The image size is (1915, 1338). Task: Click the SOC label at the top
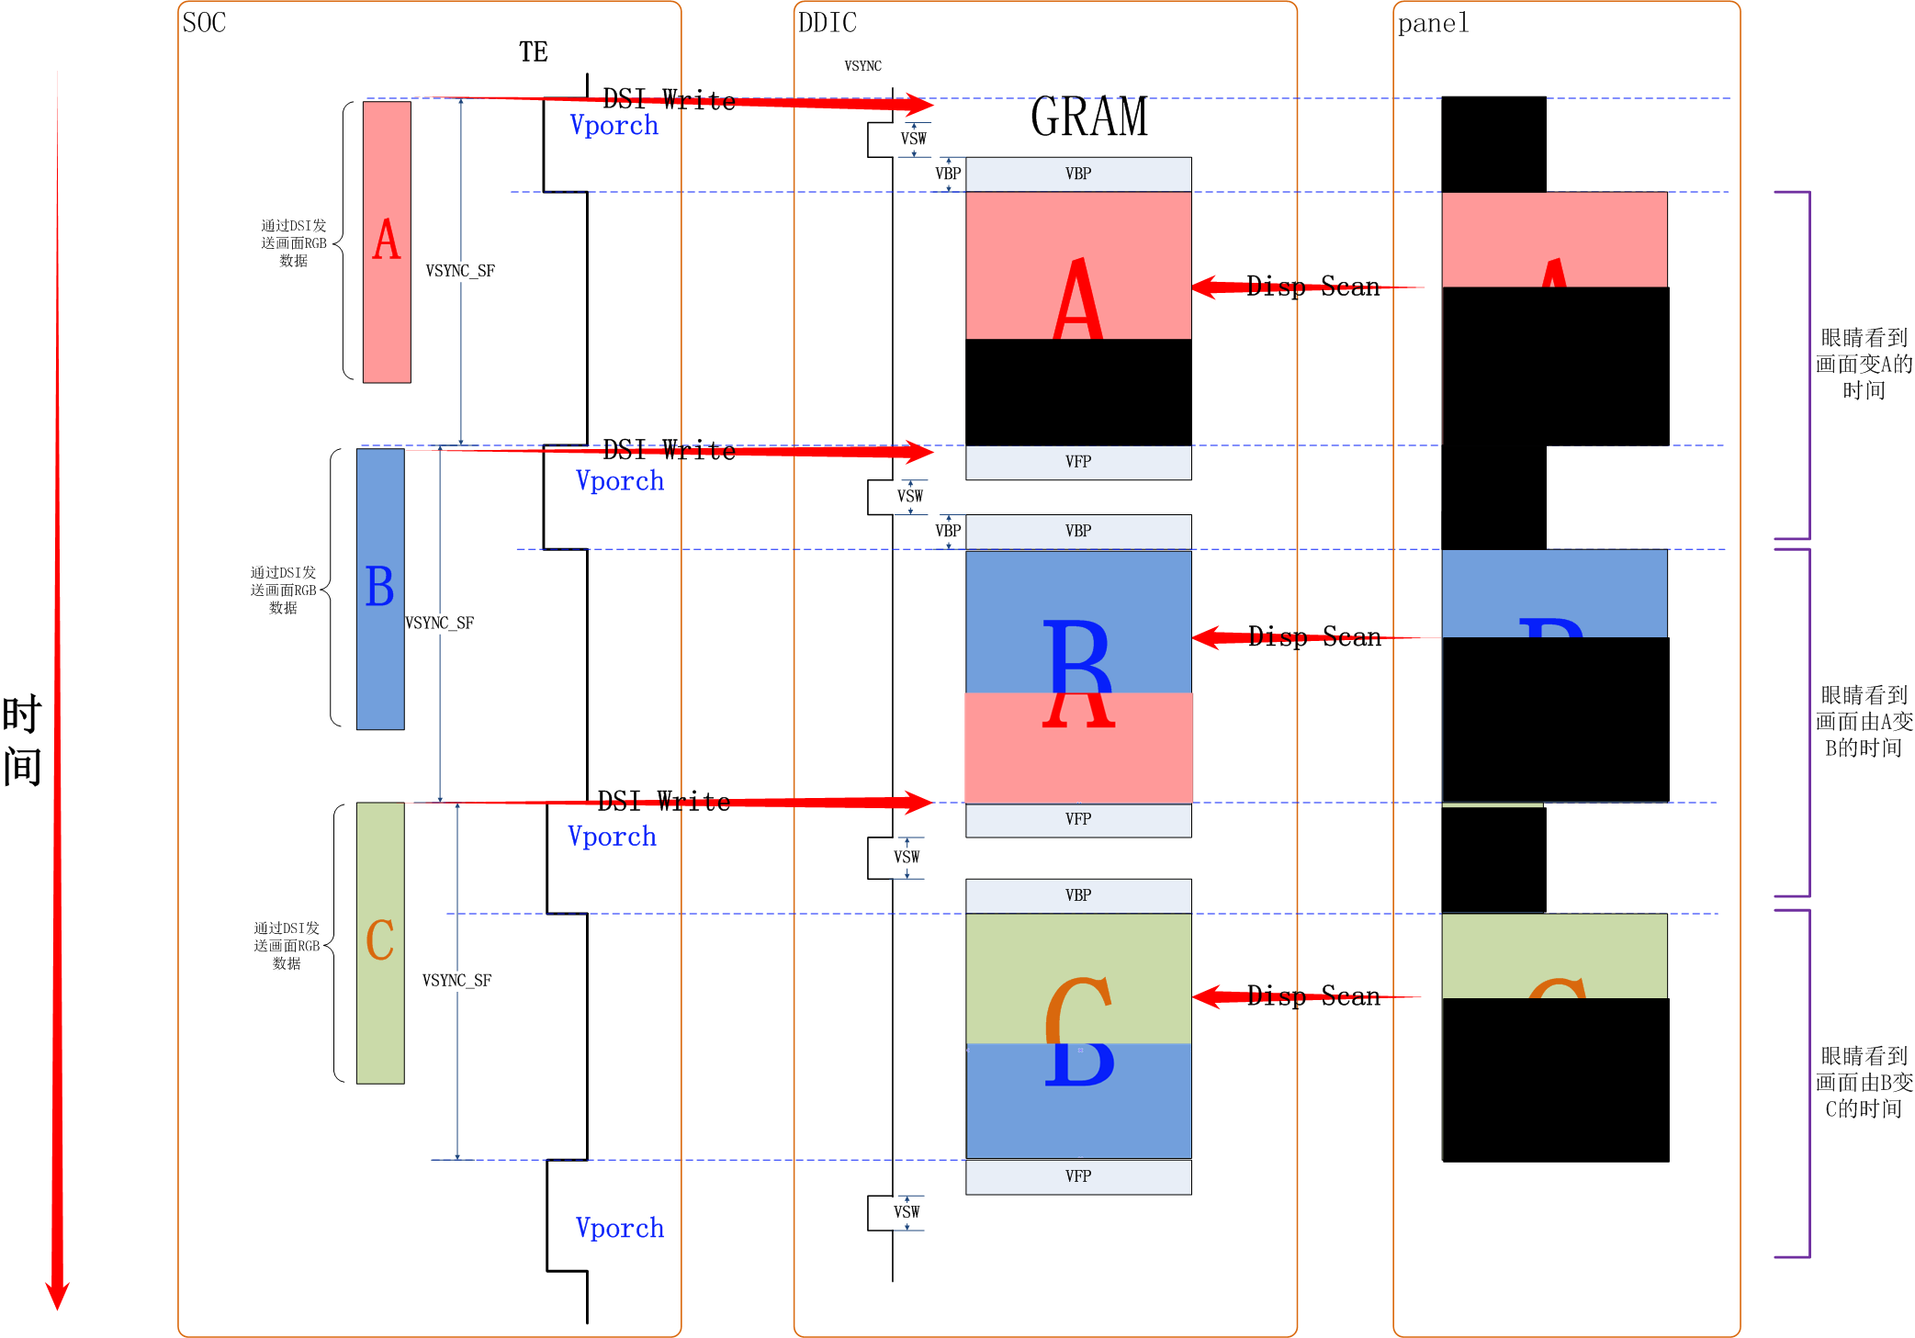tap(204, 23)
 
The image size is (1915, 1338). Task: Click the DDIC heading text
tap(827, 23)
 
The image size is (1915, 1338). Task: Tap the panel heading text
tap(1432, 24)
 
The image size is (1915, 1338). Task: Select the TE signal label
tap(533, 52)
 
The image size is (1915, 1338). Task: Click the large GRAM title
tap(1088, 118)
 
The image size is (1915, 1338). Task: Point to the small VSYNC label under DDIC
tap(862, 66)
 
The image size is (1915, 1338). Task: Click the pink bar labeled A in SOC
tap(387, 242)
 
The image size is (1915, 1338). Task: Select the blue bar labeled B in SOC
tap(380, 589)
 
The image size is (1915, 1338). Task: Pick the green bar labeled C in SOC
tap(380, 942)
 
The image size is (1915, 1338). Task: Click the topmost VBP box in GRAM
tap(1078, 174)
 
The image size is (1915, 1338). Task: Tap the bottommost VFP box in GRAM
tap(1078, 1176)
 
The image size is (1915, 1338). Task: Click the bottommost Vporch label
tap(619, 1228)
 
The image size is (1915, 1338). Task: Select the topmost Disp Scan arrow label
tap(1312, 287)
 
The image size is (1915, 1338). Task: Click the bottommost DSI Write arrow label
tap(664, 802)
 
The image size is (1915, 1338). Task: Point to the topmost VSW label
tap(913, 139)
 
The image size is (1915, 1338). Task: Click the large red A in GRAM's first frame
tap(1077, 298)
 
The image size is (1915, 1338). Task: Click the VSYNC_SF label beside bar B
tap(440, 624)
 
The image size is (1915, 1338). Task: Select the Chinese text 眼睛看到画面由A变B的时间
tap(1864, 722)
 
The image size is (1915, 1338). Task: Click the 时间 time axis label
tap(22, 740)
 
